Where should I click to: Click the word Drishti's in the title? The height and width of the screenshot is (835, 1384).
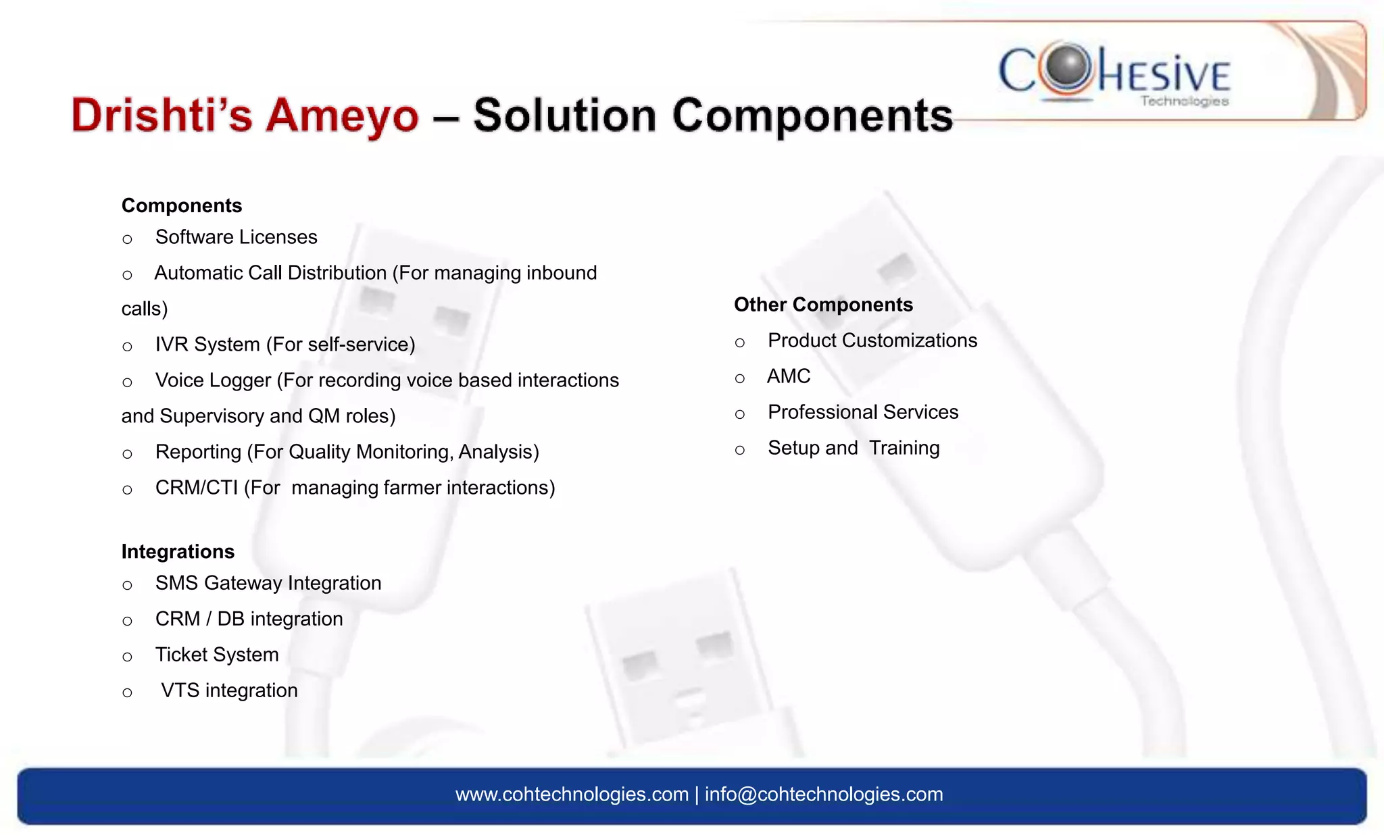click(162, 115)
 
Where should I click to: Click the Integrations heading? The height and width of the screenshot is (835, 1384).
click(178, 551)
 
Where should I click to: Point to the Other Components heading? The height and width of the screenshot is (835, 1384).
click(823, 305)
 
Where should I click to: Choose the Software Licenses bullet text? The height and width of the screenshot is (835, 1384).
click(236, 237)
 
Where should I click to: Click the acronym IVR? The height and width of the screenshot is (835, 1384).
click(174, 345)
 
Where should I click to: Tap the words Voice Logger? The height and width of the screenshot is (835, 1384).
click(213, 380)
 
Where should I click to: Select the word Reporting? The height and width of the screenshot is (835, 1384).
click(198, 452)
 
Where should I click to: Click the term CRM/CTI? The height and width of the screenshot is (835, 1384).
click(196, 488)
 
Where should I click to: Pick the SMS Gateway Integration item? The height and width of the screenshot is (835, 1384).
click(268, 583)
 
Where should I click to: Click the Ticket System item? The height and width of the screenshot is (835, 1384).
click(217, 655)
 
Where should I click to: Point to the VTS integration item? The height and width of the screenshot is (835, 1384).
click(229, 690)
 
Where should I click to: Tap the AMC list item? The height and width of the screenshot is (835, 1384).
click(789, 376)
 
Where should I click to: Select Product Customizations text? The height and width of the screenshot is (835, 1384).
click(872, 340)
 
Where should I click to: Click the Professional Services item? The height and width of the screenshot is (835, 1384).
click(863, 412)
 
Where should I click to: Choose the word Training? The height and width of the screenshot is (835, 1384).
click(904, 448)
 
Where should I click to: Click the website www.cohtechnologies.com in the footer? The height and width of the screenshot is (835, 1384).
click(572, 794)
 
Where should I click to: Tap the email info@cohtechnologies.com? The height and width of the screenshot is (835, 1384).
click(824, 794)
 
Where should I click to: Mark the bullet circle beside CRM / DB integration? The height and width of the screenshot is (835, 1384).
click(127, 621)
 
